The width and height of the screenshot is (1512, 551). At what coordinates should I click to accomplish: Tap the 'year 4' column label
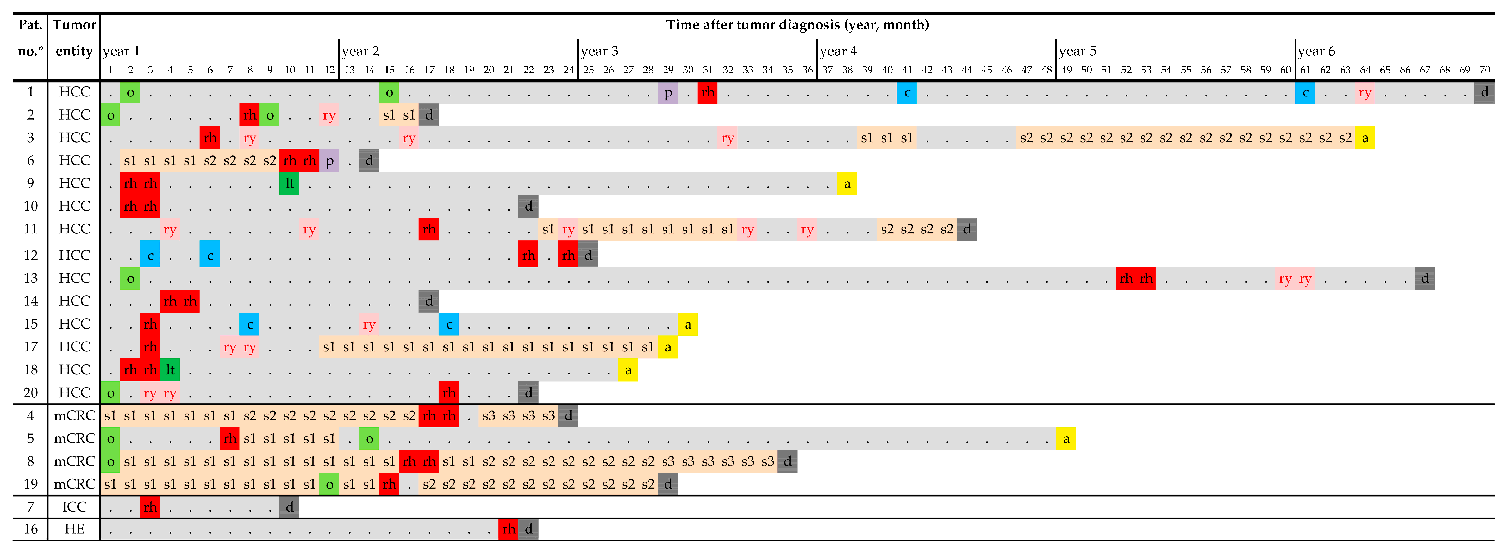(x=838, y=51)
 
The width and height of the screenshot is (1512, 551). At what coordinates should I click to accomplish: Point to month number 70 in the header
(x=1484, y=70)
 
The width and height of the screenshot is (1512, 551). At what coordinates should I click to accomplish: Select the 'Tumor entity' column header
(x=74, y=38)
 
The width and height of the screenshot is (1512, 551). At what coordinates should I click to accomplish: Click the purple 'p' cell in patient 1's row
(x=668, y=92)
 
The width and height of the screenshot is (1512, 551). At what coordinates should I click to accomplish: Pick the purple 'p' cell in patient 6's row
(x=329, y=160)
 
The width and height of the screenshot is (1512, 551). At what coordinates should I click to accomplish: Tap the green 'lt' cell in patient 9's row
(x=289, y=183)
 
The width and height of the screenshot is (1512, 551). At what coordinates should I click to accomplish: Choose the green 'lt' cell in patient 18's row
(x=170, y=369)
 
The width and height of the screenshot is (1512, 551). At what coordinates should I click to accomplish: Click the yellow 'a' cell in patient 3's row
(x=1365, y=138)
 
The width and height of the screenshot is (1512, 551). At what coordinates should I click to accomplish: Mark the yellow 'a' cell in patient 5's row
(x=1066, y=439)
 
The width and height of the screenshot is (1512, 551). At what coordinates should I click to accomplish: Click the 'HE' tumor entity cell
(x=74, y=529)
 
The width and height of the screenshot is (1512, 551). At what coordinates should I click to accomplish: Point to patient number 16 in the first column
(x=30, y=529)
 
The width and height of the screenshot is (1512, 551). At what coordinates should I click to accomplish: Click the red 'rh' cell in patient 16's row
(x=508, y=529)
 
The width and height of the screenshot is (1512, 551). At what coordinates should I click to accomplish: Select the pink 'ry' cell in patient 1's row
(x=1365, y=92)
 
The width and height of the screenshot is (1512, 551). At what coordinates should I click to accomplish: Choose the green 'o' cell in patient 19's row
(x=329, y=485)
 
